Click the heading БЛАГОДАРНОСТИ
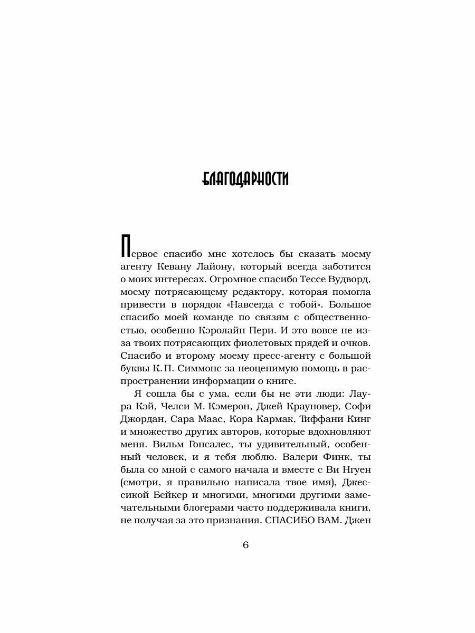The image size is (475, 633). click(x=245, y=179)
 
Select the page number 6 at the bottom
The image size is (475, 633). click(x=245, y=545)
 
